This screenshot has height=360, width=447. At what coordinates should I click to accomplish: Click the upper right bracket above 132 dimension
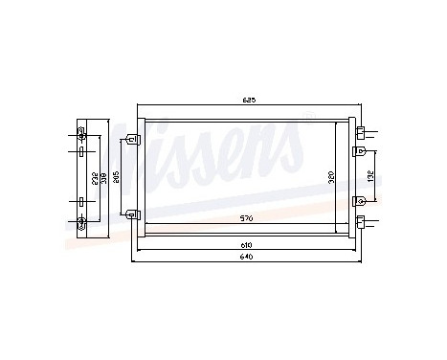359,150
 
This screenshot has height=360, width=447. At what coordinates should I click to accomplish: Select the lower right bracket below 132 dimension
359,200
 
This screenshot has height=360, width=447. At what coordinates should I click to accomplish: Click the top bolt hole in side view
82,133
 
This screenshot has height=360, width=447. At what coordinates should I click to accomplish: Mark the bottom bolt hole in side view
82,223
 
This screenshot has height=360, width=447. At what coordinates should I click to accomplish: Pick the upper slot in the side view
82,151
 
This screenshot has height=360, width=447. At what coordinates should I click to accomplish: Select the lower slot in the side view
82,203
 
